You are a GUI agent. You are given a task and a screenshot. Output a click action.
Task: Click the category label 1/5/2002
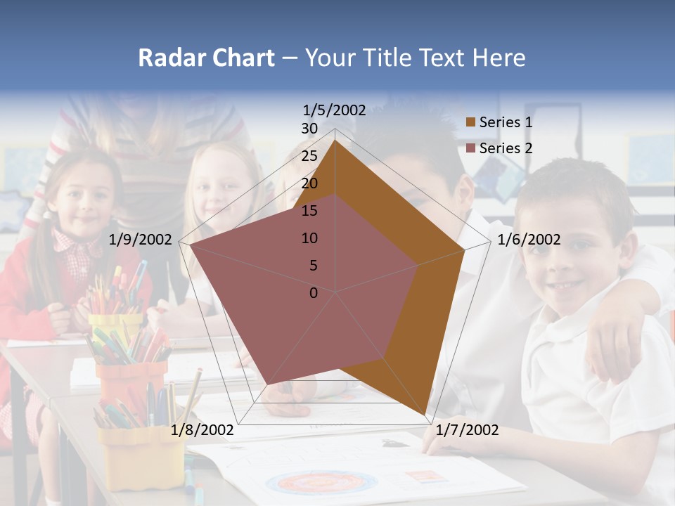(x=335, y=110)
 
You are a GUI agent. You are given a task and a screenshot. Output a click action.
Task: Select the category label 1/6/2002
(x=529, y=240)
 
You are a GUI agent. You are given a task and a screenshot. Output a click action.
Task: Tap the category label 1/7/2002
(x=467, y=430)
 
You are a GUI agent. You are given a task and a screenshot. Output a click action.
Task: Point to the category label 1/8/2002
(x=202, y=430)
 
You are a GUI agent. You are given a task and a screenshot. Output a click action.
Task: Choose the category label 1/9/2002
(x=141, y=240)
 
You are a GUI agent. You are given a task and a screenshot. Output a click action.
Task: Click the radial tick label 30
(x=309, y=129)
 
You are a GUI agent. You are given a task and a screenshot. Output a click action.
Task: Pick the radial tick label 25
(x=309, y=156)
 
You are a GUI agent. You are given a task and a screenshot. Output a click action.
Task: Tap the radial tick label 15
(x=309, y=211)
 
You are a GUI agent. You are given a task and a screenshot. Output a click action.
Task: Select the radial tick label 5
(x=313, y=266)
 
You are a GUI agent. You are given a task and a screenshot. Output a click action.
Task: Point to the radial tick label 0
(x=314, y=293)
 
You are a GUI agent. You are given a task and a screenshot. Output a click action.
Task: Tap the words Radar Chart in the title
(x=206, y=58)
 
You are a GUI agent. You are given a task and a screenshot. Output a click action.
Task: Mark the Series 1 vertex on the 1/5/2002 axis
(x=335, y=141)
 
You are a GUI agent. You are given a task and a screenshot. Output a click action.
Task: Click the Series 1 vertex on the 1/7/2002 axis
(x=426, y=415)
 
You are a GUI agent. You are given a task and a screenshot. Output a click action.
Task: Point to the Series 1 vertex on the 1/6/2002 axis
(x=464, y=250)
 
